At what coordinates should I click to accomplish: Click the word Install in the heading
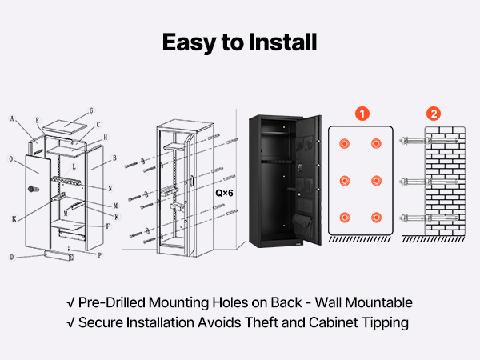(282, 42)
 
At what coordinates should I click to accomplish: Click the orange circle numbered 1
(362, 114)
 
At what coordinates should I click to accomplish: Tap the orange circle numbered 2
(434, 114)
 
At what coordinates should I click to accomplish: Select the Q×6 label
(224, 193)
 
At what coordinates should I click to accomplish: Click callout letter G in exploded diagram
(91, 111)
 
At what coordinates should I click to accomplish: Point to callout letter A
(12, 118)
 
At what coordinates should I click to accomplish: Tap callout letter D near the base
(12, 257)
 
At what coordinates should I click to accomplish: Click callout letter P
(99, 255)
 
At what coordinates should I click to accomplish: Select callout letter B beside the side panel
(114, 158)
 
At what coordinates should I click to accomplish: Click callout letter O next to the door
(11, 159)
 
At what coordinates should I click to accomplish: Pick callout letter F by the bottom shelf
(108, 226)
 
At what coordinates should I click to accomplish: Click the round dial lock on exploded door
(33, 189)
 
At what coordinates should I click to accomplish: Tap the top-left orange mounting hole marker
(344, 143)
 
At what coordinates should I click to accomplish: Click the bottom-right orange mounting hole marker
(376, 218)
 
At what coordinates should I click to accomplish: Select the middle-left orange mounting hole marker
(344, 181)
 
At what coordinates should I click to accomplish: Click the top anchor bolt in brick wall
(429, 141)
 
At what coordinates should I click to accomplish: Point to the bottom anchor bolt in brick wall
(429, 218)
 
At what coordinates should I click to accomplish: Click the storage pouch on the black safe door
(302, 224)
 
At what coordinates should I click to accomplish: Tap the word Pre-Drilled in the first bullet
(112, 302)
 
